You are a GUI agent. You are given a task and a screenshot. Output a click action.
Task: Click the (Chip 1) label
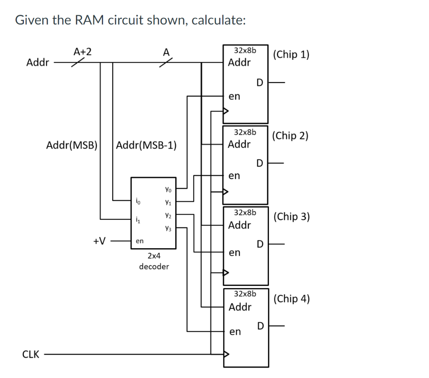pos(291,54)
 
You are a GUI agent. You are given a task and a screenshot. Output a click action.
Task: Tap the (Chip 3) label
pos(291,216)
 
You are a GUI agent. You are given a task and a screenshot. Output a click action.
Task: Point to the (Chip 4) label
pos(291,298)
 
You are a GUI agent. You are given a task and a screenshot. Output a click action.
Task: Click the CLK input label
pos(31,355)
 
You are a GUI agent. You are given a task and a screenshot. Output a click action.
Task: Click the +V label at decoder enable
pos(99,241)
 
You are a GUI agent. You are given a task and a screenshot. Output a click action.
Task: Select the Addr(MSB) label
pos(72,146)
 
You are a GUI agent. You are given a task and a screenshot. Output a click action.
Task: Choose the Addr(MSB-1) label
pos(146,146)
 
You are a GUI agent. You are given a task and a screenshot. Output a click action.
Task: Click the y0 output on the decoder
pos(168,190)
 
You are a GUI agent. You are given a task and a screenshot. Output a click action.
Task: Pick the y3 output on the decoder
pos(168,229)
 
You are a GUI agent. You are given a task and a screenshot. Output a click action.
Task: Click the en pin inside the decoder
pos(140,241)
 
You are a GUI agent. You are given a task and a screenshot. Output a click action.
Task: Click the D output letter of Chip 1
pos(260,83)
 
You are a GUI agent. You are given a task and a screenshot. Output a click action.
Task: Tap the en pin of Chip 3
pos(235,253)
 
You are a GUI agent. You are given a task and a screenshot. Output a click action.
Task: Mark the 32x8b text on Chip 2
pos(245,132)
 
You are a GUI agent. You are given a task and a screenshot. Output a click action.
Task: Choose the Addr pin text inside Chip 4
pos(240,307)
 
